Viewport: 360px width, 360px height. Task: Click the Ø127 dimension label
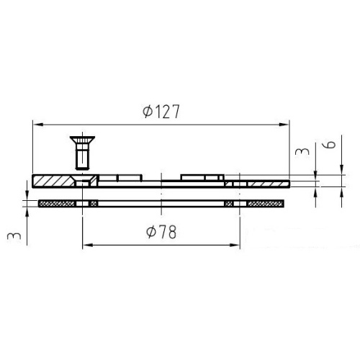pyautogui.click(x=161, y=112)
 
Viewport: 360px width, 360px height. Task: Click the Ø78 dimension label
pyautogui.click(x=161, y=232)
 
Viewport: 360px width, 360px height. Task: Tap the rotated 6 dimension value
pyautogui.click(x=331, y=145)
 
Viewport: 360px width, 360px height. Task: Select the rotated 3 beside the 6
pyautogui.click(x=302, y=151)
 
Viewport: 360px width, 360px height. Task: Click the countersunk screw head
pyautogui.click(x=82, y=142)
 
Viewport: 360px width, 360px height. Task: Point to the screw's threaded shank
pyautogui.click(x=82, y=159)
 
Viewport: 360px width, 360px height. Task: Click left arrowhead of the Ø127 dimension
pyautogui.click(x=38, y=125)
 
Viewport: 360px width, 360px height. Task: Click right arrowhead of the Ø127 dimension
pyautogui.click(x=284, y=125)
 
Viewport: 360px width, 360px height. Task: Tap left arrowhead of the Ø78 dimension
pyautogui.click(x=88, y=245)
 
